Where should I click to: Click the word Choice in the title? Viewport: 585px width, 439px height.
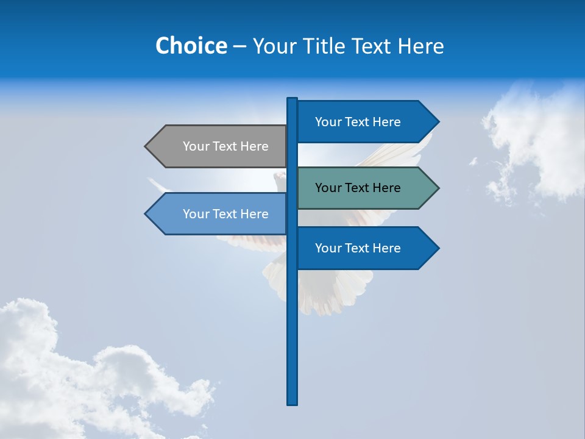coord(191,46)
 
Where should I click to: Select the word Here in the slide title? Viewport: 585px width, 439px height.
coord(421,46)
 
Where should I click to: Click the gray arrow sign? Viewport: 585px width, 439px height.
coord(219,146)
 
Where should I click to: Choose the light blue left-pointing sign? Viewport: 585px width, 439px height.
coord(219,214)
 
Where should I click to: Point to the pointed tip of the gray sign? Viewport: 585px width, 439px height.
coord(147,146)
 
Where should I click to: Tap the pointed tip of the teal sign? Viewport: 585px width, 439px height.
coord(437,188)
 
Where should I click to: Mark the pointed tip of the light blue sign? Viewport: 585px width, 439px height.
coord(147,214)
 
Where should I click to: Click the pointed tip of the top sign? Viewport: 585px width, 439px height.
coord(437,121)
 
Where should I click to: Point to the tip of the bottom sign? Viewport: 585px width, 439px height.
coord(437,248)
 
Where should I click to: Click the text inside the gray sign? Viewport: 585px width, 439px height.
coord(225,146)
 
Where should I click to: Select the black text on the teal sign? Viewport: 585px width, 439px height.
coord(358,188)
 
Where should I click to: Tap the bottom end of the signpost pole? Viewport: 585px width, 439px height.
coord(292,402)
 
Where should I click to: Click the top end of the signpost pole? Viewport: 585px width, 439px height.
coord(292,99)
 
